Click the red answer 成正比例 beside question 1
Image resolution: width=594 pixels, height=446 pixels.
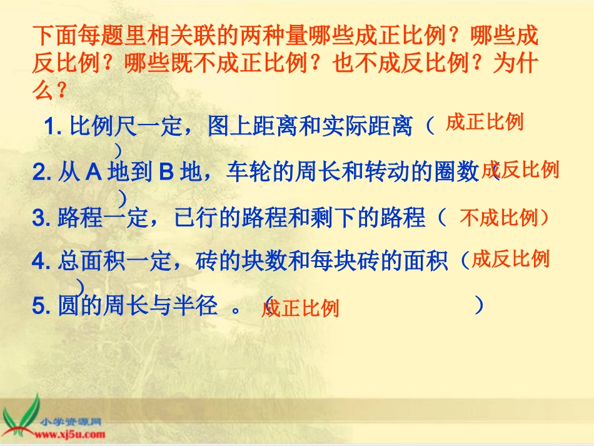(x=484, y=123)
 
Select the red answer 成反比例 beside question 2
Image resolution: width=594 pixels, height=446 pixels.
(x=520, y=170)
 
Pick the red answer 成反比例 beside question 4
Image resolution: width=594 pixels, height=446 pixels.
(x=510, y=259)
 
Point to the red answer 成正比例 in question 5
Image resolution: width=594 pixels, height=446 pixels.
(x=300, y=308)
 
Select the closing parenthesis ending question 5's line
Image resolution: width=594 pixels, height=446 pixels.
(x=478, y=305)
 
